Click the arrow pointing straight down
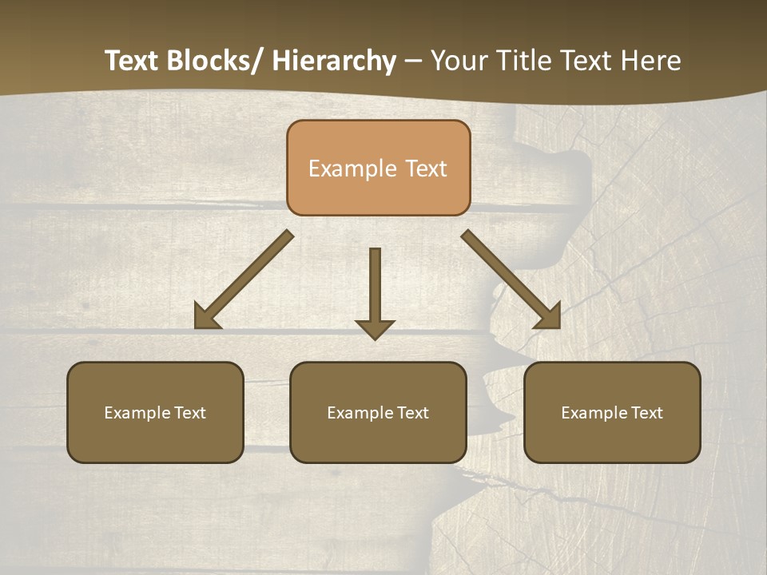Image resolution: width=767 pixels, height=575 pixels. [375, 291]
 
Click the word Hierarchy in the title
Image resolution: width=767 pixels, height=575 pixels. [333, 61]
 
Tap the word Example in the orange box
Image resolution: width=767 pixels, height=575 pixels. [352, 169]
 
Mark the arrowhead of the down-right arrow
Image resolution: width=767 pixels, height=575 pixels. [550, 318]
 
